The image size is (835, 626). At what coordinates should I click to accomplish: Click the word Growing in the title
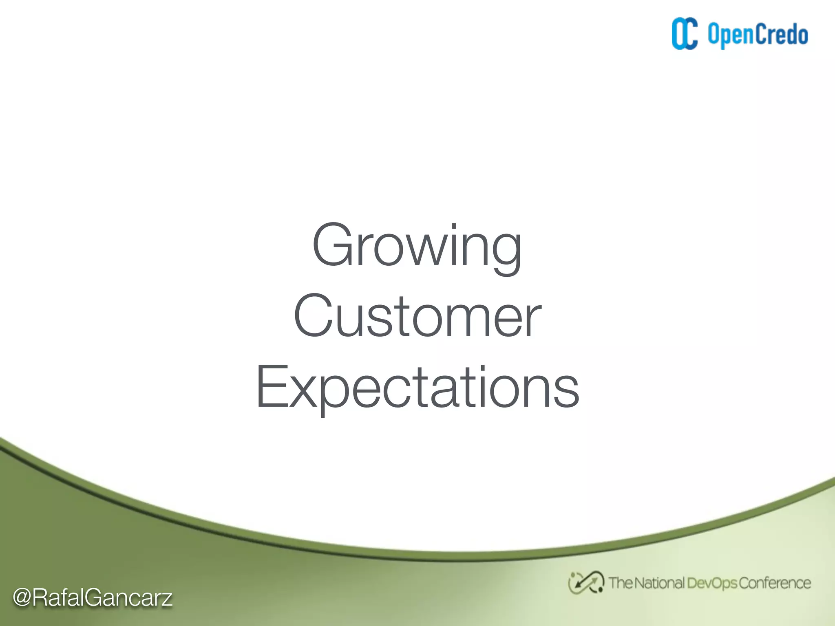(417, 247)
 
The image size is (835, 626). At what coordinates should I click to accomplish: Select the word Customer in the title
(417, 316)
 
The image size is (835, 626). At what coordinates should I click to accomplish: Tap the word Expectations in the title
(417, 387)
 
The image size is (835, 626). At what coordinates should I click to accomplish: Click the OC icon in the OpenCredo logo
(685, 34)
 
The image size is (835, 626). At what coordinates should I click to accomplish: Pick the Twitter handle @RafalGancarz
(93, 598)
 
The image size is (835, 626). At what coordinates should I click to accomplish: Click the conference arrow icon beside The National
(586, 582)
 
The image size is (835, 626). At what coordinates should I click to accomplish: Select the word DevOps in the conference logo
(712, 583)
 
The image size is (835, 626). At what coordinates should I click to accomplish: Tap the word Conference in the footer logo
(774, 583)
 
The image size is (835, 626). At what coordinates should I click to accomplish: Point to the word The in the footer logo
(621, 583)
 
